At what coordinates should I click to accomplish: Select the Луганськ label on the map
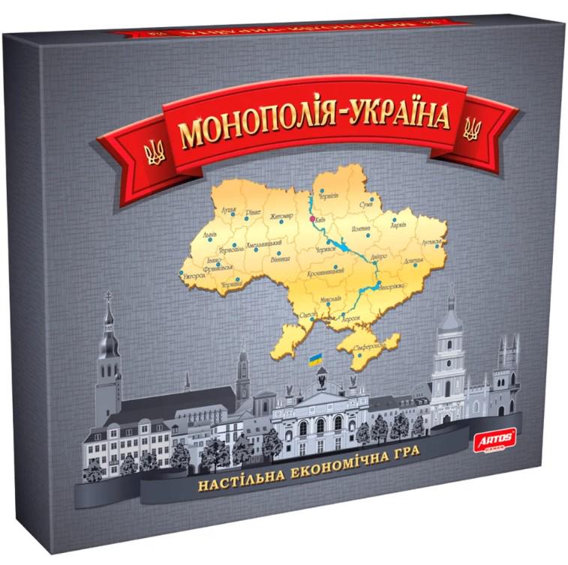click(432, 243)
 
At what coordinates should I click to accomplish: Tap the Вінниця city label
click(280, 258)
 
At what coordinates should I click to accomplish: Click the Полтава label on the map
click(361, 228)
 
